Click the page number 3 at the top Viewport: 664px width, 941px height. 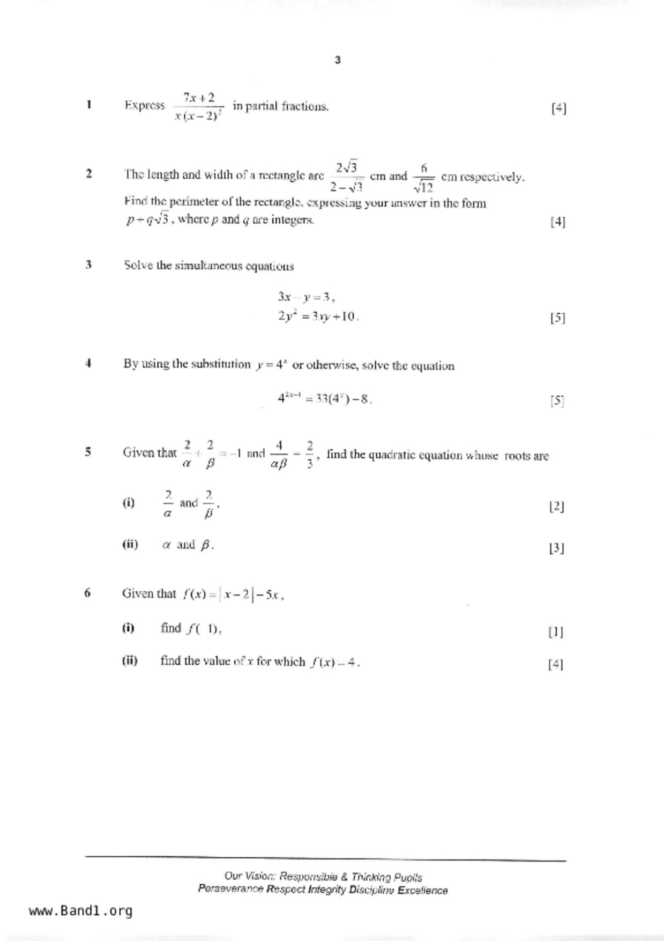click(x=338, y=60)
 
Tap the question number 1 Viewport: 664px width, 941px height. click(x=88, y=104)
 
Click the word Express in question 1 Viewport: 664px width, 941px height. click(x=145, y=105)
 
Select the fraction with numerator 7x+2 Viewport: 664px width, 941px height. click(x=199, y=106)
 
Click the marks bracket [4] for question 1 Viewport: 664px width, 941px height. click(x=558, y=108)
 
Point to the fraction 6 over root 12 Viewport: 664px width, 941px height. click(x=423, y=178)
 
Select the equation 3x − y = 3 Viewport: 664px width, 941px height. click(x=306, y=297)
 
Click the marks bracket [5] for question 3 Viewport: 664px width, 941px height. click(x=557, y=318)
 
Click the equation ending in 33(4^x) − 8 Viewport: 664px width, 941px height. click(x=325, y=399)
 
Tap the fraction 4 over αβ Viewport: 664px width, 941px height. click(x=279, y=454)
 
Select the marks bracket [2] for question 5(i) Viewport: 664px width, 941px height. click(x=556, y=506)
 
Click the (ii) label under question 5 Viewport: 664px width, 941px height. click(x=130, y=545)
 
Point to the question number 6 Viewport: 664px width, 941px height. click(x=87, y=593)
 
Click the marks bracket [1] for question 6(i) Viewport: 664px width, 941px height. click(x=556, y=632)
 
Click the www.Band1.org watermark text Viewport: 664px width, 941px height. click(x=80, y=911)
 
